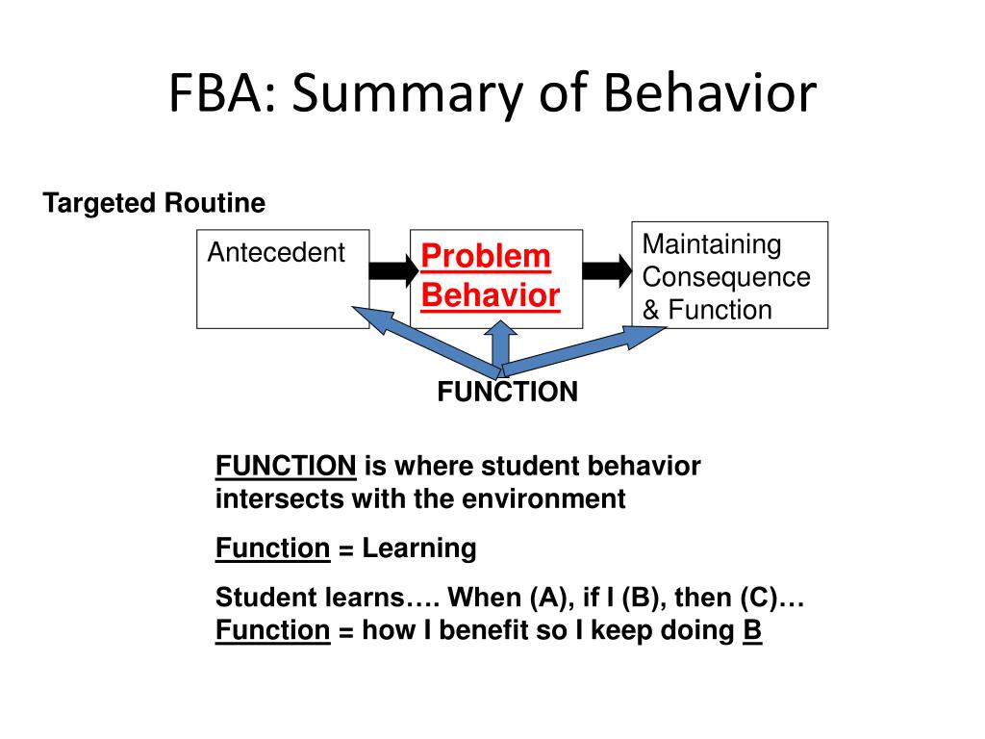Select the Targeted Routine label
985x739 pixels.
pos(154,203)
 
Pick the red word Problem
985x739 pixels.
pos(486,256)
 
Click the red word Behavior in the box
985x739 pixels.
pos(491,294)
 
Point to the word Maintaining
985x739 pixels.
pos(712,244)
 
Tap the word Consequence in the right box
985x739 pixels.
pos(726,277)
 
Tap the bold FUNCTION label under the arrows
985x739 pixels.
pos(508,393)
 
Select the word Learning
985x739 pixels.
pos(419,548)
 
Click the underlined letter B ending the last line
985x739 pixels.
pos(752,631)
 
